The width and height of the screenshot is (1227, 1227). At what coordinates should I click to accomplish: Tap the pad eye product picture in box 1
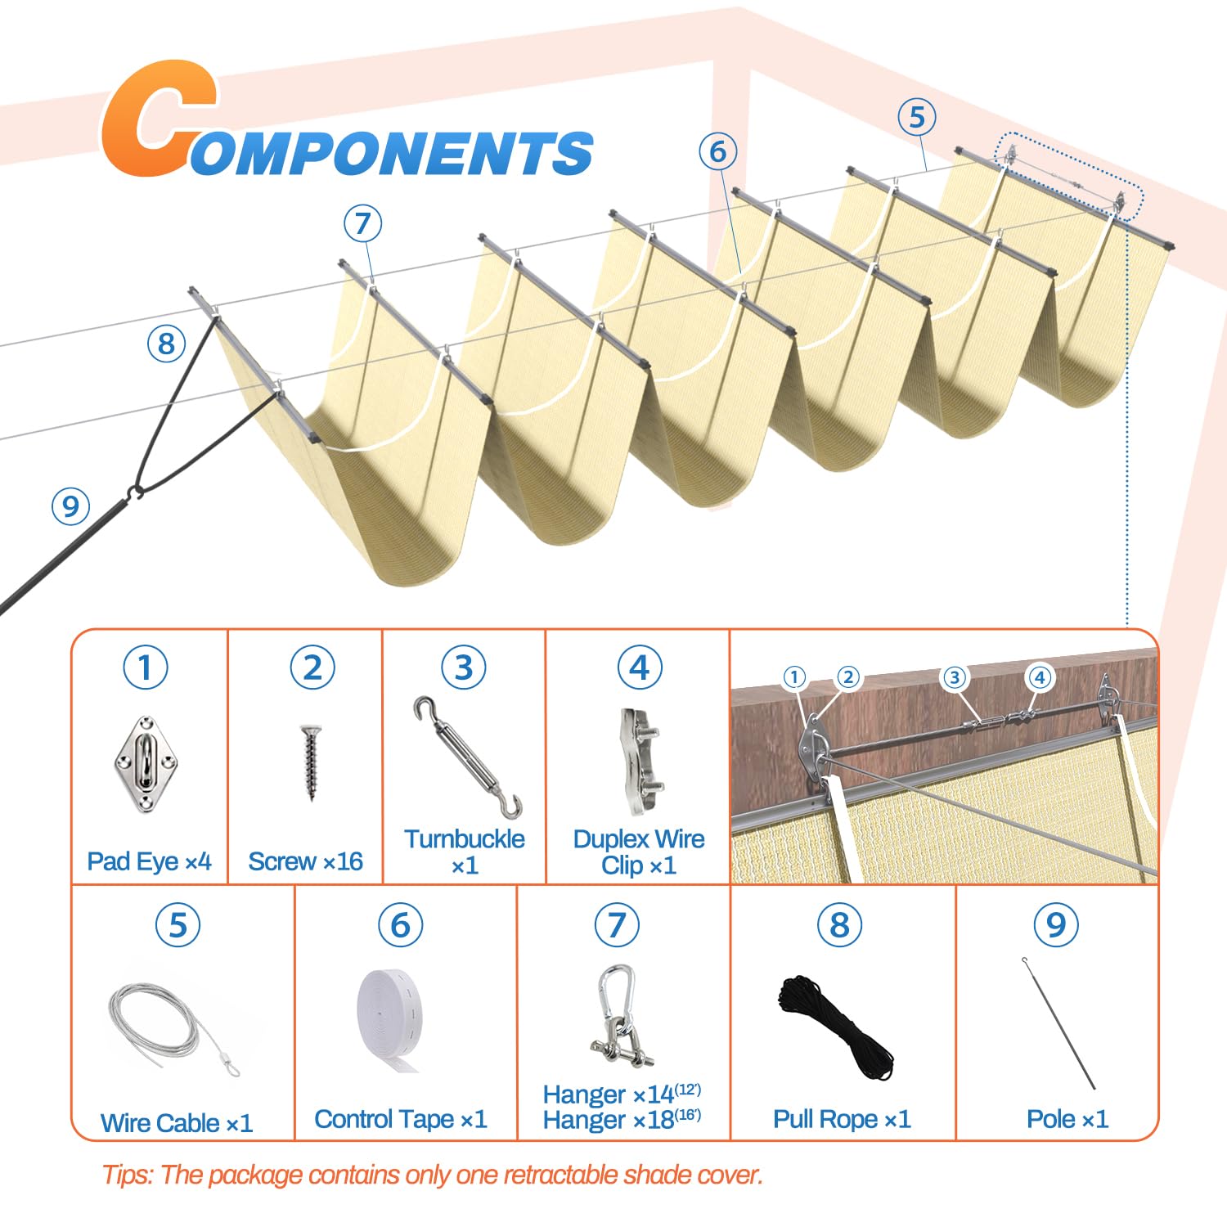point(146,764)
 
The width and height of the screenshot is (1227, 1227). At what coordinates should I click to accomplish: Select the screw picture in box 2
point(310,762)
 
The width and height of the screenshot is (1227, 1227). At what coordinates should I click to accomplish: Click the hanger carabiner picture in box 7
point(619,1015)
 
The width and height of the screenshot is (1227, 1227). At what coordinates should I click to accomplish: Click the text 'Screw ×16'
point(305,861)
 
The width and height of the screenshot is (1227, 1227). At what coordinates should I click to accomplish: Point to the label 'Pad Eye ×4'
point(149,861)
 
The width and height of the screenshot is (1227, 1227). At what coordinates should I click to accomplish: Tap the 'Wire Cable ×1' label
point(177,1123)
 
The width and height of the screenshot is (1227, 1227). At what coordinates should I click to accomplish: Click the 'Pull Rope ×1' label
point(842,1119)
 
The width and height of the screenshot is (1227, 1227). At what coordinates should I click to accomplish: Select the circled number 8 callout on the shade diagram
point(166,344)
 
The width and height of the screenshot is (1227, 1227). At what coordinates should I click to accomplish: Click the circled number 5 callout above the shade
point(917,117)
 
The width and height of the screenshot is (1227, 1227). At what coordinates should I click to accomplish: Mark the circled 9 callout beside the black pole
point(70,506)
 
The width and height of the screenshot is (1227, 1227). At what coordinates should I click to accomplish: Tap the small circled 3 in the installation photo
point(954,677)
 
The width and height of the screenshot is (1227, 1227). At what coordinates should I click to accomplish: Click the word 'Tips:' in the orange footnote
point(128,1175)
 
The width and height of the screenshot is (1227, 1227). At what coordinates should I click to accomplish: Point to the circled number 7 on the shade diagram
point(362,223)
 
